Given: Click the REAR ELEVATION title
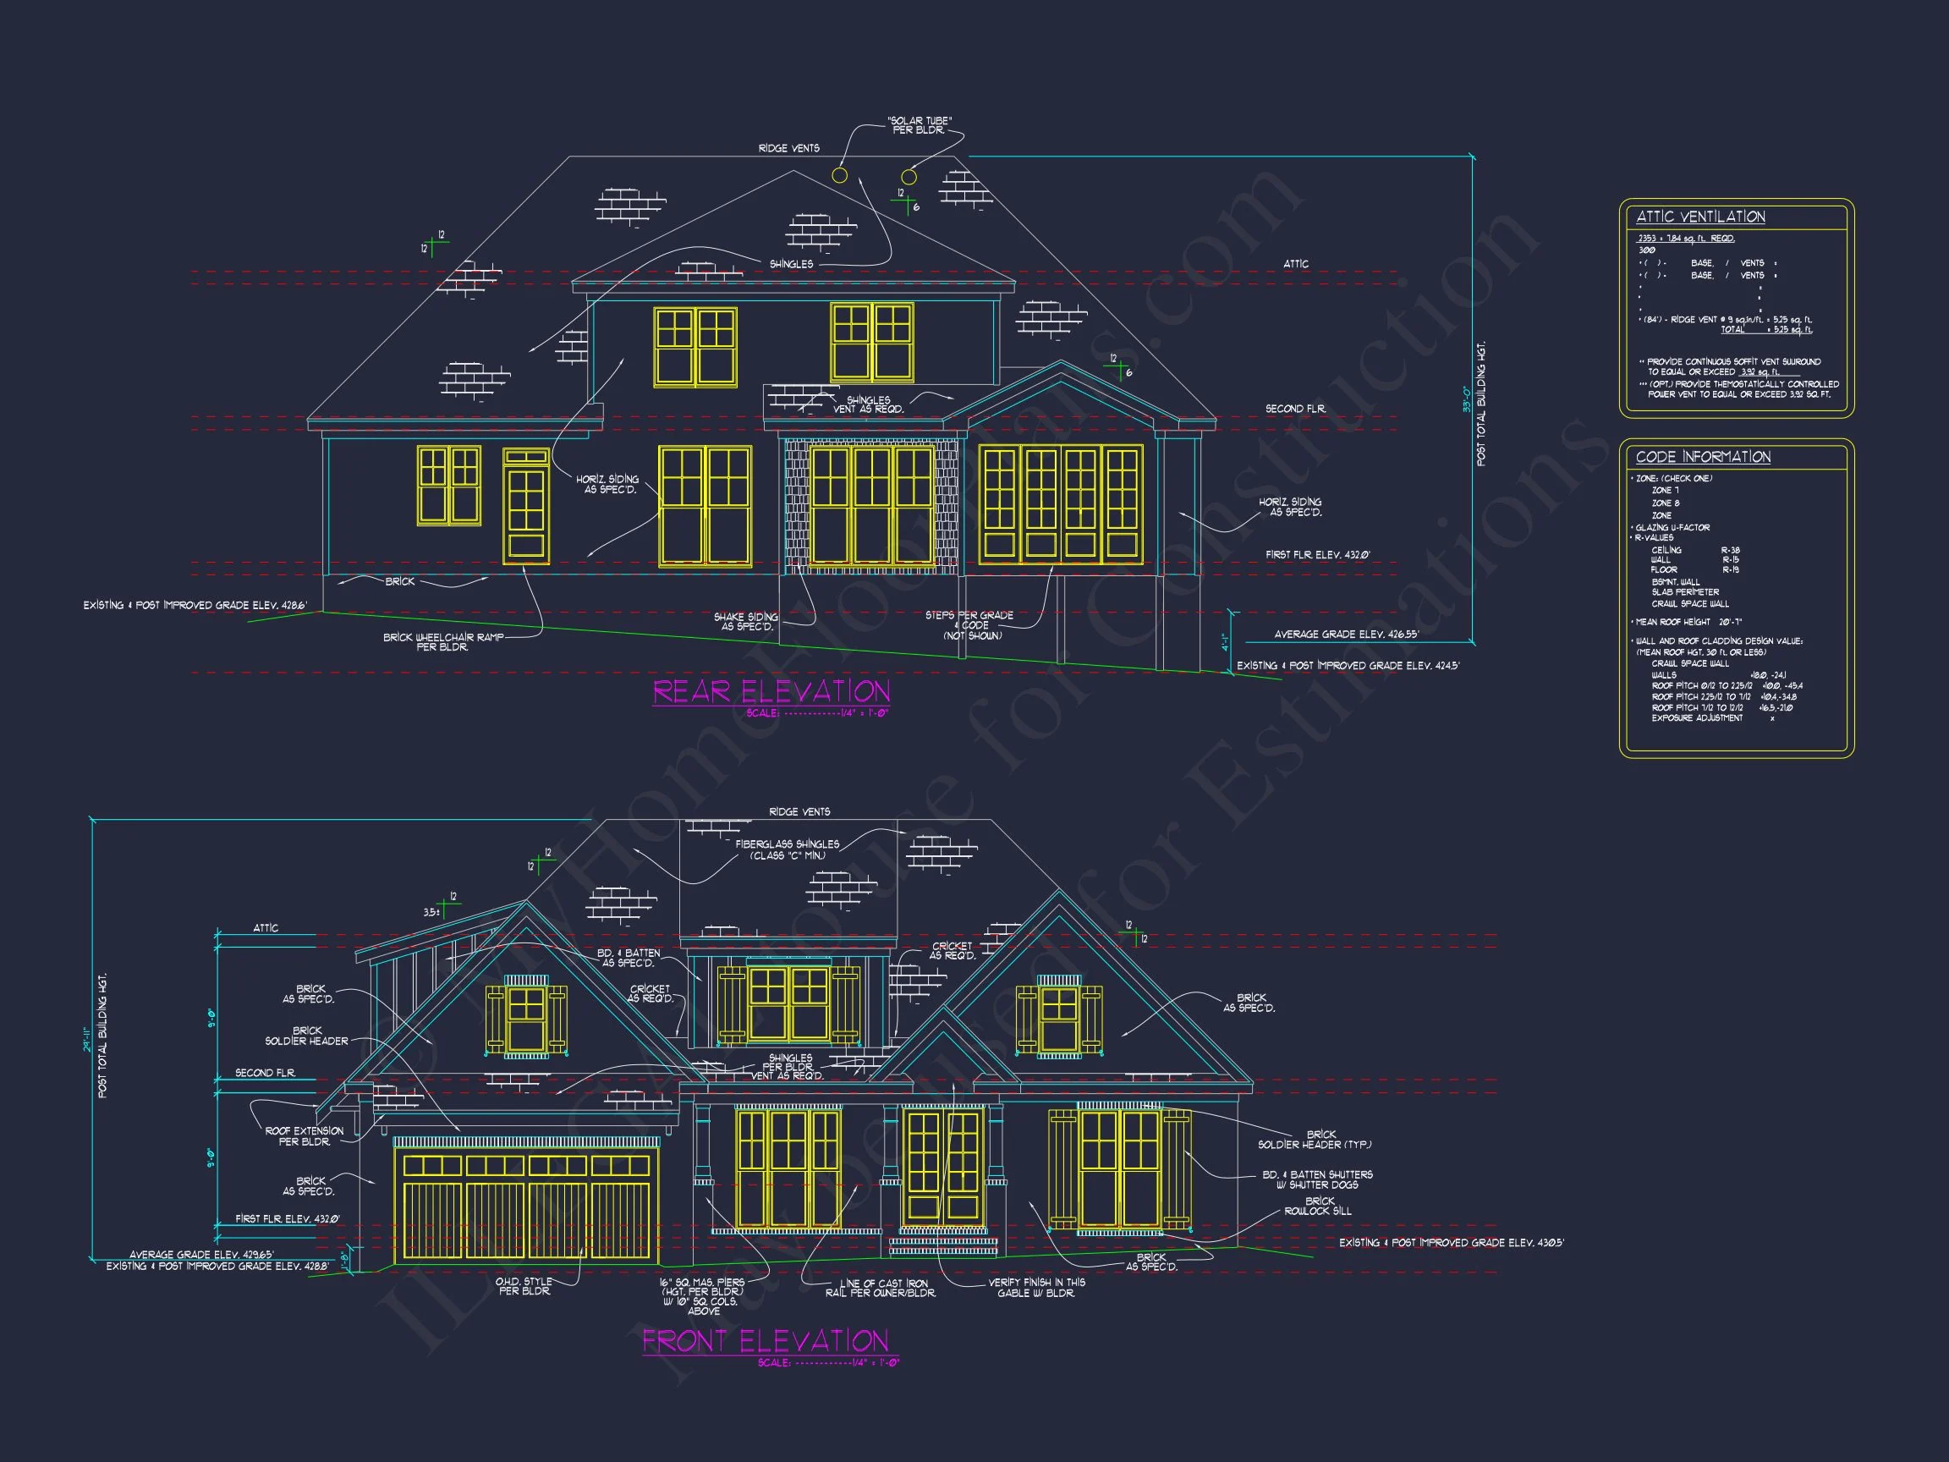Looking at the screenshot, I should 771,692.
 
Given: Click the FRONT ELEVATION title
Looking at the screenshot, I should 765,1341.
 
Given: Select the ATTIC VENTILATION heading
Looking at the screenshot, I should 1699,217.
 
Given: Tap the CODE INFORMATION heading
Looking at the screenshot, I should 1702,457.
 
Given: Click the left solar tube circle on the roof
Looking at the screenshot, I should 840,175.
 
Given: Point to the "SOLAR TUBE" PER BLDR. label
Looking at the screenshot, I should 919,125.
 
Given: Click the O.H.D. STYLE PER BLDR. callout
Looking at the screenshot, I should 524,1286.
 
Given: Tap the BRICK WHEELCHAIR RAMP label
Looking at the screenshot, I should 442,641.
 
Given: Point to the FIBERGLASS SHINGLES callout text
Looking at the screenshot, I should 787,849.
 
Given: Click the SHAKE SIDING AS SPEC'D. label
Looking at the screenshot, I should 745,621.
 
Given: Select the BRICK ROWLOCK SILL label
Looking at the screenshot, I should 1317,1206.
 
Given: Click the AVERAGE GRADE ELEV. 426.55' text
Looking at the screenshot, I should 1346,635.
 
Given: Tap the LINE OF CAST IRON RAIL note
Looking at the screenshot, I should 881,1288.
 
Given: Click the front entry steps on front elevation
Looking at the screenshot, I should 943,1245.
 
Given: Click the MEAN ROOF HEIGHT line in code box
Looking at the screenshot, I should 1688,622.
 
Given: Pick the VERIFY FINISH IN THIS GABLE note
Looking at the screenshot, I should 1036,1288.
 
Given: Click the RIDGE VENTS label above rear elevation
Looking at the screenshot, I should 788,148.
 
